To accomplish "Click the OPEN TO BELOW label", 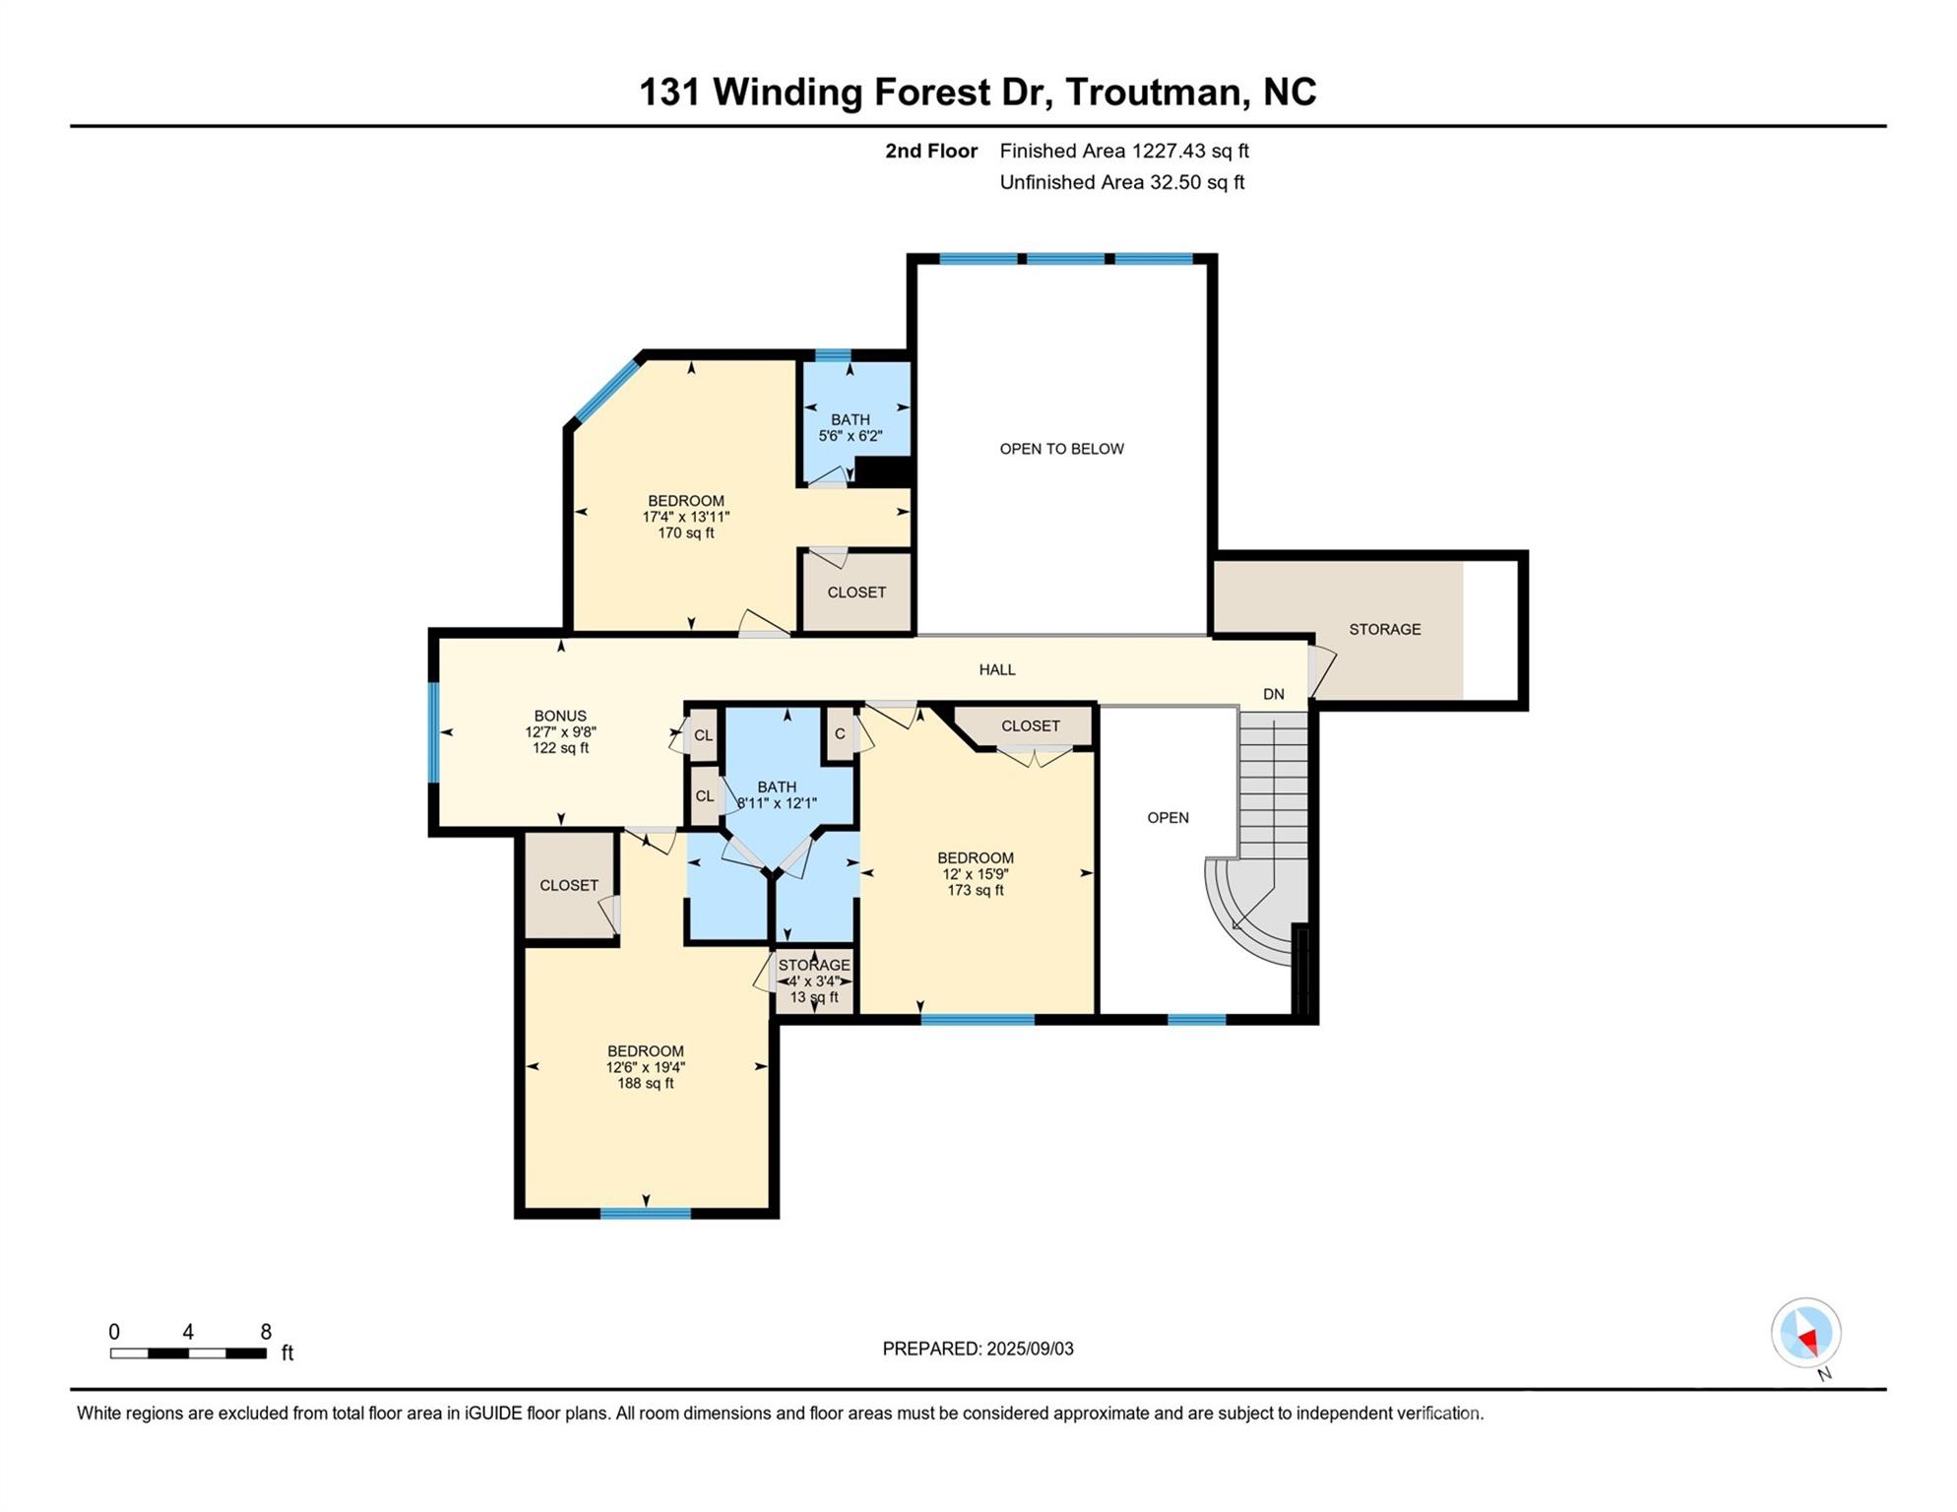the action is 1061,449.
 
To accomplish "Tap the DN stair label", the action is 1274,694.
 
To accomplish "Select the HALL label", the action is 997,669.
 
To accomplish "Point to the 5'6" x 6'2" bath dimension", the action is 851,435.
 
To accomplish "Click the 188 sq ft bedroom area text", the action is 646,1083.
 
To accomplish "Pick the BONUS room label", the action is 560,716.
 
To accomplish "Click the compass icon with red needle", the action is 1806,1333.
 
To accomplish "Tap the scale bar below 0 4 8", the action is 188,1354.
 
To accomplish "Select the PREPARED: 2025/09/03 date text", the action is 978,1349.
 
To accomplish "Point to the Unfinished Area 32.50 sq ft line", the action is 1122,182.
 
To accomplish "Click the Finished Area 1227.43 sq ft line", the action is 1124,151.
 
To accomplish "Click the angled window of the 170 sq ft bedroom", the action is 607,391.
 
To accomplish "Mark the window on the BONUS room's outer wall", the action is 433,731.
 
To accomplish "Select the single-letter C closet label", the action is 840,733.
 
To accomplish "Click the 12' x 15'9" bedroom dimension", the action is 976,874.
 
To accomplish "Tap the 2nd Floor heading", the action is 931,151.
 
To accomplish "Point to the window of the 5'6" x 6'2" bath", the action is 833,355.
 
